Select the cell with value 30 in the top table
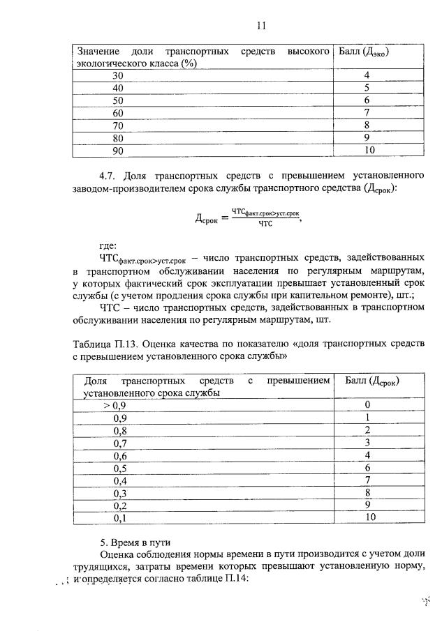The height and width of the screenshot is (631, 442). tap(118, 75)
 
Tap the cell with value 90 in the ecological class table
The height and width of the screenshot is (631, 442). tap(118, 151)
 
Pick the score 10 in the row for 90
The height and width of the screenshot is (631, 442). tap(369, 151)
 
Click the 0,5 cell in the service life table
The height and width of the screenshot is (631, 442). tap(120, 468)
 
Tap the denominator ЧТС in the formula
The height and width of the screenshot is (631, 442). tap(265, 225)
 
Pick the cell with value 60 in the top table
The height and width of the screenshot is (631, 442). tap(118, 113)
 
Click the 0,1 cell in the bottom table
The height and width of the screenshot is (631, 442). tap(120, 518)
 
